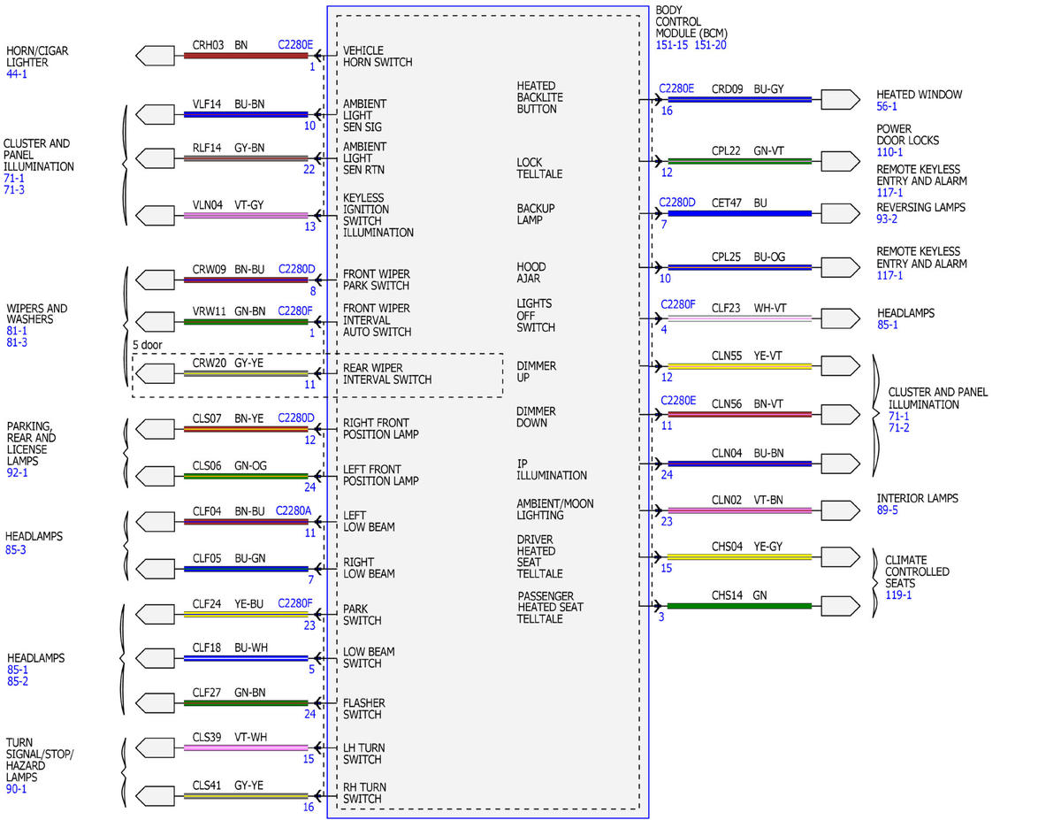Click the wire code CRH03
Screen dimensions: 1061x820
click(208, 45)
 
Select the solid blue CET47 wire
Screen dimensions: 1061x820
click(739, 213)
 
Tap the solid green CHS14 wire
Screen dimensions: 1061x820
click(739, 606)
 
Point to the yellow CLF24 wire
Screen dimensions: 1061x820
click(246, 615)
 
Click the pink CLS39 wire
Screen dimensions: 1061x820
click(246, 747)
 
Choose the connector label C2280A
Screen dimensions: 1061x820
click(293, 511)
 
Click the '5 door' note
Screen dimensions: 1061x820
click(147, 345)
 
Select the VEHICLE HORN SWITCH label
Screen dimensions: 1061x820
click(377, 56)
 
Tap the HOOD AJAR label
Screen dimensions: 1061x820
click(530, 272)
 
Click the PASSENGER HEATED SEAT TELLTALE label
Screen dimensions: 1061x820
click(550, 607)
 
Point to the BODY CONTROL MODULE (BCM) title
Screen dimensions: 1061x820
click(691, 21)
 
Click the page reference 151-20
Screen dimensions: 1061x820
click(710, 45)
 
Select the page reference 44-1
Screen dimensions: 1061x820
click(17, 73)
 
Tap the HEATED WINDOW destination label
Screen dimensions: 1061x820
click(919, 95)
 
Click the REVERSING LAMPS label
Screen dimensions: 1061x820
click(920, 207)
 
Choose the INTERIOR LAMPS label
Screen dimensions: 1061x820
click(917, 498)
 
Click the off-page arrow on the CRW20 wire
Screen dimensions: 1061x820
click(155, 373)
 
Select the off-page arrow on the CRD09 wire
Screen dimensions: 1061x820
click(840, 100)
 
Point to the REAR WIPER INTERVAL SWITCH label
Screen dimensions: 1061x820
click(386, 373)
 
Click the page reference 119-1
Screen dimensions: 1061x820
click(898, 594)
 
